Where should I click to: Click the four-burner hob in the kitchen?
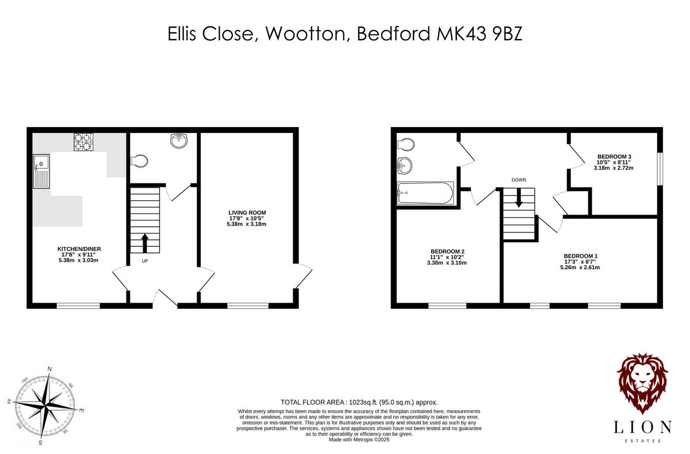pyautogui.click(x=83, y=142)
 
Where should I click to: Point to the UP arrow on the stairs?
pyautogui.click(x=144, y=242)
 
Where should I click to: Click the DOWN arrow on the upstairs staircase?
pyautogui.click(x=519, y=199)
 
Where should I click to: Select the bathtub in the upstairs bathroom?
pyautogui.click(x=425, y=193)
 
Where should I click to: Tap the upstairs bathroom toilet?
pyautogui.click(x=405, y=143)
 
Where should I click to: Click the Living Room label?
pyautogui.click(x=247, y=213)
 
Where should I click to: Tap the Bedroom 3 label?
pyautogui.click(x=614, y=157)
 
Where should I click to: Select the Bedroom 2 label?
pyautogui.click(x=447, y=251)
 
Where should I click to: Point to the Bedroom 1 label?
pyautogui.click(x=581, y=256)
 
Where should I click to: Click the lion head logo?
pyautogui.click(x=642, y=383)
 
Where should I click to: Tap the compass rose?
pyautogui.click(x=44, y=404)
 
